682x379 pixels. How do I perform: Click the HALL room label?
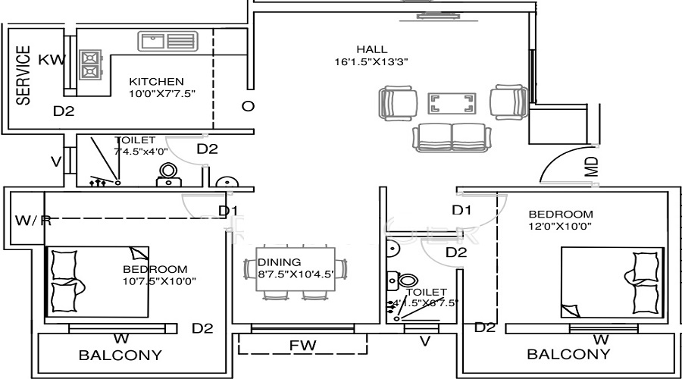tap(371, 50)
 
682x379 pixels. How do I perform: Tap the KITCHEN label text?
tap(156, 82)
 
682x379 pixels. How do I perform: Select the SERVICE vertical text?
tap(23, 75)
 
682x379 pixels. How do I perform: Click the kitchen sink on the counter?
tap(167, 41)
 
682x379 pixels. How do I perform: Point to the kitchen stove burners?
tap(91, 65)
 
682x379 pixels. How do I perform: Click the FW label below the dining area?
tap(302, 346)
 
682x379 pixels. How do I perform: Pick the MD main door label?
tap(592, 167)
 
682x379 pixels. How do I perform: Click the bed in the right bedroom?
tap(612, 281)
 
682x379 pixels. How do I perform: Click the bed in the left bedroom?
tap(99, 281)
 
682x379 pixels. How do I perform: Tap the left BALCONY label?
tap(120, 355)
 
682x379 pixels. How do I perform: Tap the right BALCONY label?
tap(568, 355)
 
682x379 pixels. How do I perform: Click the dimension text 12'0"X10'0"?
tap(560, 226)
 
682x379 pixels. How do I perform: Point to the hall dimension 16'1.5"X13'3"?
tap(371, 62)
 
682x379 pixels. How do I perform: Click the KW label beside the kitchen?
tap(52, 60)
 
